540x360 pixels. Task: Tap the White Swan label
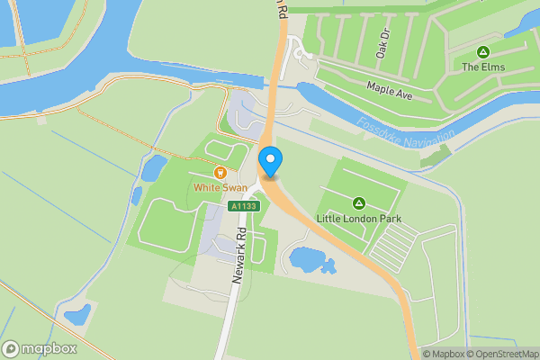(218, 187)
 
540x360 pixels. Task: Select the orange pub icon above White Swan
(218, 172)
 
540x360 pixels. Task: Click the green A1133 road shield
(243, 206)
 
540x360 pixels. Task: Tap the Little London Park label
(358, 219)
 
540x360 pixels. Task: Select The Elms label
(483, 67)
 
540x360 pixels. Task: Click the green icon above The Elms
(483, 51)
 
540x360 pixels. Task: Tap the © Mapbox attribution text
(444, 353)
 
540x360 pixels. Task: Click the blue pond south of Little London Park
(310, 261)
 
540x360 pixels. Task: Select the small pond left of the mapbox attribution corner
(77, 313)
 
